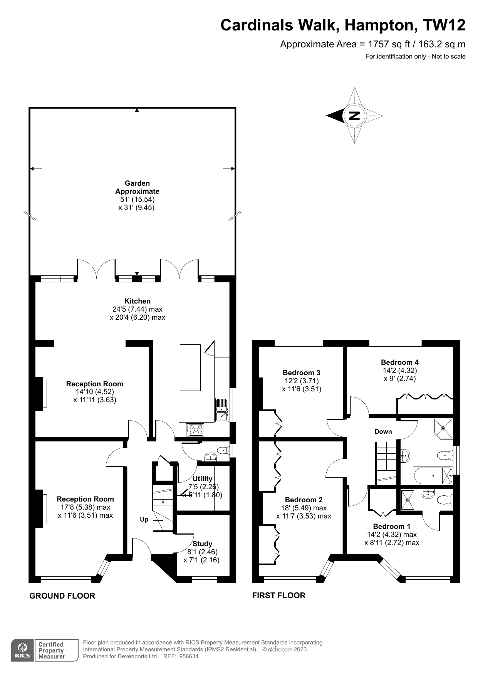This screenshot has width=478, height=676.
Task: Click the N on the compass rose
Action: [x=354, y=116]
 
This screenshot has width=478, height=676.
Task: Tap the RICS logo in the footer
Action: [x=22, y=650]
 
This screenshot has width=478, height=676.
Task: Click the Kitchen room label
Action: [x=138, y=301]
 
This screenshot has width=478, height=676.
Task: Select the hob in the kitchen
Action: [x=195, y=429]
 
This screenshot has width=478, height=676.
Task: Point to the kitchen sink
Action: [x=222, y=409]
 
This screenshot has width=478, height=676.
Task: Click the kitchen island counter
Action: [x=190, y=367]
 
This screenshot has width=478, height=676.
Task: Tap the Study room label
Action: [x=202, y=544]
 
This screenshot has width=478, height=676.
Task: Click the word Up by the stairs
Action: [x=144, y=520]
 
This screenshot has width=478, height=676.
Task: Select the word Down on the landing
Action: [x=383, y=431]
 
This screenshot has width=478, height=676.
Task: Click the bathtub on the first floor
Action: [x=433, y=476]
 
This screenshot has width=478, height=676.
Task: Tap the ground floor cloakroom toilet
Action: [x=223, y=450]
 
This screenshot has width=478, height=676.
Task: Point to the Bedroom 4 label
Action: [x=400, y=362]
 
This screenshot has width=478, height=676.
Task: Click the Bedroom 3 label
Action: [x=302, y=372]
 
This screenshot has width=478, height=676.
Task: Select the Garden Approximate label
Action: [x=137, y=187]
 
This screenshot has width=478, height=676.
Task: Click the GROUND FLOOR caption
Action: [x=62, y=596]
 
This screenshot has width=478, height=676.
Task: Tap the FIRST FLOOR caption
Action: [x=279, y=595]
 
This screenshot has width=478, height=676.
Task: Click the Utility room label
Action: [x=203, y=478]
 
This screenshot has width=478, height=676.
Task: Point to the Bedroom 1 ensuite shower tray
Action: [x=408, y=500]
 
